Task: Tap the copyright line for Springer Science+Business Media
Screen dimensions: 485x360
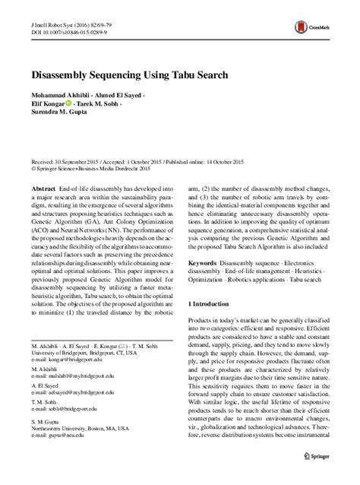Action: tap(84, 169)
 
